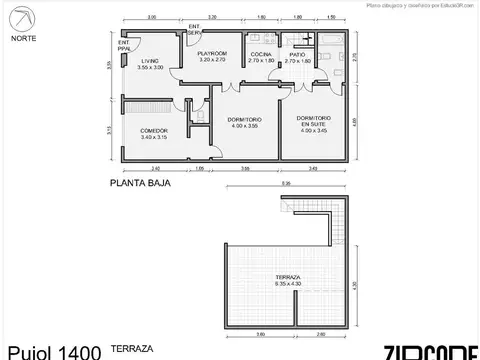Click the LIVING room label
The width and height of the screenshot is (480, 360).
(150, 60)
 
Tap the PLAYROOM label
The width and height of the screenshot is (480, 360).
(211, 52)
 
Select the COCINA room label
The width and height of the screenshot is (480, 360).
(261, 52)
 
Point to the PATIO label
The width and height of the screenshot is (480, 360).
(296, 52)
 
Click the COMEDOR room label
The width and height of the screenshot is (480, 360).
(153, 130)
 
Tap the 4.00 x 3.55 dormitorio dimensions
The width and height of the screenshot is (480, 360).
(244, 126)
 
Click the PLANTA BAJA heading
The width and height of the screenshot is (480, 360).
(140, 184)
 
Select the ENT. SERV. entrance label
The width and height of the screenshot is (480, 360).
(194, 29)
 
